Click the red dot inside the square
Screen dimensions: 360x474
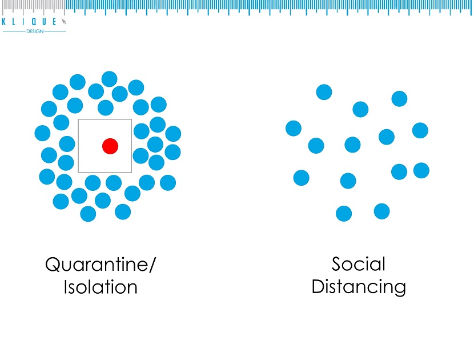click(x=110, y=146)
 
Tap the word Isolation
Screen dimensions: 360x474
click(x=101, y=286)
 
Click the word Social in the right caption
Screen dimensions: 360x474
click(x=359, y=264)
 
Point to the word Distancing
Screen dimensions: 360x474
click(x=359, y=286)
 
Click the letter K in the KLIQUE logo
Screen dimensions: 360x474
click(x=5, y=22)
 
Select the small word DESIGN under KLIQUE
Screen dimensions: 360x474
click(x=34, y=31)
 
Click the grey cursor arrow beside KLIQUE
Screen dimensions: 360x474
click(x=64, y=21)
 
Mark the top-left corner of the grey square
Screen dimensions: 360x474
click(x=78, y=119)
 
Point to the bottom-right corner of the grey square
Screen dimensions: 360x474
click(x=131, y=172)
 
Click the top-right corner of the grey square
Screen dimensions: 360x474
click(x=131, y=119)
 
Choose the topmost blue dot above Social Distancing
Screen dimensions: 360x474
click(x=324, y=92)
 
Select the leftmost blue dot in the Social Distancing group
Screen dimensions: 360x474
click(x=294, y=128)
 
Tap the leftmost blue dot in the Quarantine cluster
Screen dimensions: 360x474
click(x=42, y=133)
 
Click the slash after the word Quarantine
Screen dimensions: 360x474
click(x=153, y=265)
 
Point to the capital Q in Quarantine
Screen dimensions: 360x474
click(x=53, y=265)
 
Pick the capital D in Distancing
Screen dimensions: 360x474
click(x=318, y=286)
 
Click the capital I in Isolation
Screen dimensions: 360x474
click(x=66, y=286)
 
